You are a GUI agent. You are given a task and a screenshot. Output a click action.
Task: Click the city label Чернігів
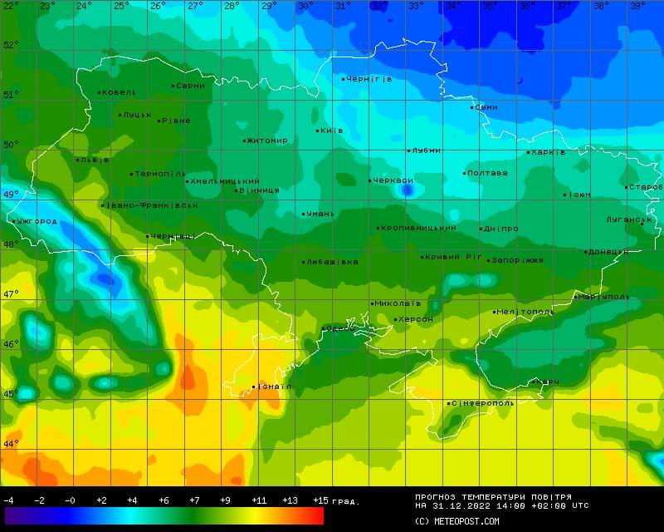point(369,79)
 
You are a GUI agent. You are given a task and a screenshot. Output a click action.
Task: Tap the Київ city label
point(332,131)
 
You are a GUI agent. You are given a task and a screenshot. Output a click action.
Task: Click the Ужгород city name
point(37,221)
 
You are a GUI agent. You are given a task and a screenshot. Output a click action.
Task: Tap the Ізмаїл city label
point(275,387)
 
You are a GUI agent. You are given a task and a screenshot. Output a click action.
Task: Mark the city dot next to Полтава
point(465,173)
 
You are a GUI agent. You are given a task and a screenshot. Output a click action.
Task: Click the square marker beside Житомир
point(244,140)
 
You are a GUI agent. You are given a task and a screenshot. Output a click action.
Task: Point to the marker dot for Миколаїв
point(372,303)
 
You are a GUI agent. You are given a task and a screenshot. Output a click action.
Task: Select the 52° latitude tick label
point(10,45)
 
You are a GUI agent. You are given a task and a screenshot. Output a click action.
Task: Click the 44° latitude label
point(10,444)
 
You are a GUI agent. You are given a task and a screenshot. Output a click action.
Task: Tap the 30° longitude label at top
point(305,6)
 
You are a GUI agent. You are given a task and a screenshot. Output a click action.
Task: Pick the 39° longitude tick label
point(637,6)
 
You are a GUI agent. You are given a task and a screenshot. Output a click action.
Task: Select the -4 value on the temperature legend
point(8,500)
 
